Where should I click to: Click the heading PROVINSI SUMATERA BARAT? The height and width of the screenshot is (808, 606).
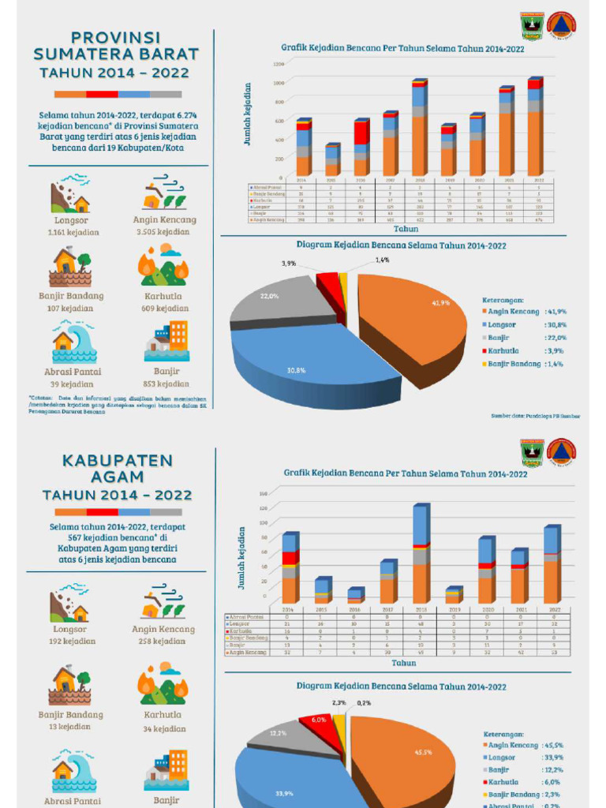coord(116,46)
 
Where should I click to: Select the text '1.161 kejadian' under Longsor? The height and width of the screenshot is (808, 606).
coord(71,233)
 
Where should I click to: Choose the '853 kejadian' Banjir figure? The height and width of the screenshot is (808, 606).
coord(166,384)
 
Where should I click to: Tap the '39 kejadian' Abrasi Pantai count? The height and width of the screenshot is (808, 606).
coord(71,384)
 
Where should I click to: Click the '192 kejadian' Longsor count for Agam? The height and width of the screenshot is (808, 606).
coord(70,642)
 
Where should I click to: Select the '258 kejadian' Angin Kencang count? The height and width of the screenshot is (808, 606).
coord(163,642)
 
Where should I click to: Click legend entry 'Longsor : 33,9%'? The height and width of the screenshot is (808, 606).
coord(525,757)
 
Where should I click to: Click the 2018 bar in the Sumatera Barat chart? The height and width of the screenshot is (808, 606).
coord(418,130)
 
